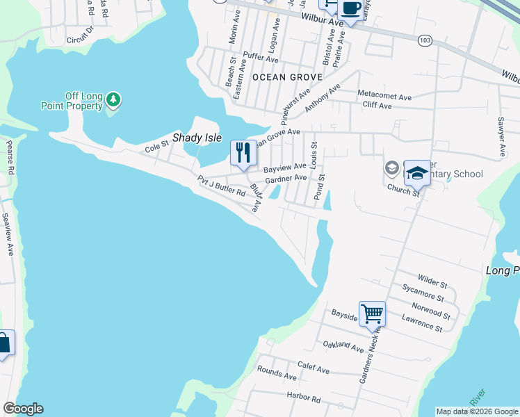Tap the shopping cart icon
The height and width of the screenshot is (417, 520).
tap(372, 313)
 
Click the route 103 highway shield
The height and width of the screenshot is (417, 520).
tap(425, 42)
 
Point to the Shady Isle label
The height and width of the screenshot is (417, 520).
tap(197, 138)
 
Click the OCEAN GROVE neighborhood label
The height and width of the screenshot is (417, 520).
tap(287, 76)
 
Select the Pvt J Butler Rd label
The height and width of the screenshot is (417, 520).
tap(222, 186)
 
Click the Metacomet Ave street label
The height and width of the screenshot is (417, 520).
tap(384, 94)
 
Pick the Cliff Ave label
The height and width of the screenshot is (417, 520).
tap(377, 106)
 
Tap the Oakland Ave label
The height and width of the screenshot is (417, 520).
tap(343, 346)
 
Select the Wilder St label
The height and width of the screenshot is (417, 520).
tap(432, 281)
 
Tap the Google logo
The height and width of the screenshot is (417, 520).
tap(23, 409)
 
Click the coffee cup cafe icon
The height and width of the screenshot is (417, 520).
tap(350, 9)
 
